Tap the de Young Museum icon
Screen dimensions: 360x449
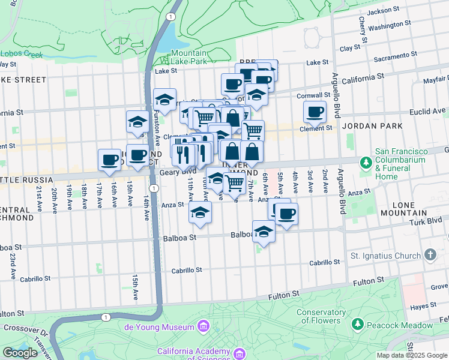(203, 326)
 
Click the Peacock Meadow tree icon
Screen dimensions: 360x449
(357, 324)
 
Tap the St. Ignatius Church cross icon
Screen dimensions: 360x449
(430, 256)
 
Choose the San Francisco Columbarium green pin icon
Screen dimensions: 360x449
(366, 163)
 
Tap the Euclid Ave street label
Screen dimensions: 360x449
(431, 110)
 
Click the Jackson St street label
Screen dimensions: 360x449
(384, 11)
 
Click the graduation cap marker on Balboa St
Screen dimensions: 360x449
(264, 232)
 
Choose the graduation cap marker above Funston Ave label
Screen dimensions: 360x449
(164, 99)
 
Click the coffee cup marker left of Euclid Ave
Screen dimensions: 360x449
(314, 111)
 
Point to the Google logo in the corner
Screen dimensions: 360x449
(20, 353)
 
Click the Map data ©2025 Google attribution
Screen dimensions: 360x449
(412, 355)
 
